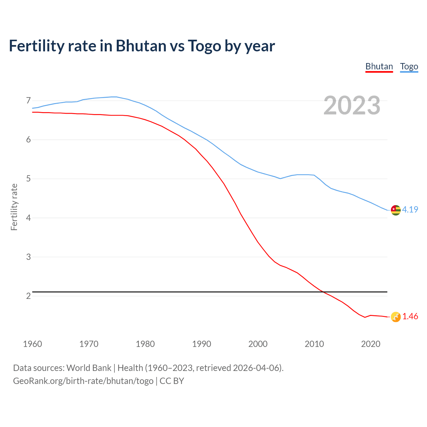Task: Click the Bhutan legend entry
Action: (x=379, y=66)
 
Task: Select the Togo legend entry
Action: (x=409, y=66)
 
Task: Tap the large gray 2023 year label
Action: (x=352, y=105)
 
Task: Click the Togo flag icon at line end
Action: (x=396, y=210)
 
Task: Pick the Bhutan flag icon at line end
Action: (x=396, y=317)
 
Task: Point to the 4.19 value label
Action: (x=410, y=209)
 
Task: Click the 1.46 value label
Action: (x=410, y=317)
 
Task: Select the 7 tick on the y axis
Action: (x=28, y=100)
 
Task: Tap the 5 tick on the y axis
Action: (x=28, y=179)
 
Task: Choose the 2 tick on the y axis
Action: (x=28, y=296)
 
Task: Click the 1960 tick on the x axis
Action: (x=32, y=344)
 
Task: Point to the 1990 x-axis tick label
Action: (x=201, y=344)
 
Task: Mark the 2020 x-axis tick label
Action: (x=371, y=344)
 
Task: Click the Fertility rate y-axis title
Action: (x=14, y=207)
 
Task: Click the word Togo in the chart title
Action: (x=204, y=46)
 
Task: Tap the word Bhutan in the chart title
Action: (x=141, y=46)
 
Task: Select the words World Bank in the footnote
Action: (x=89, y=368)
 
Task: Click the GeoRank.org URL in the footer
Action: (x=83, y=381)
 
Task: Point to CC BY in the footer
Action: (x=172, y=381)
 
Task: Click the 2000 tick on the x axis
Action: (x=258, y=344)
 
